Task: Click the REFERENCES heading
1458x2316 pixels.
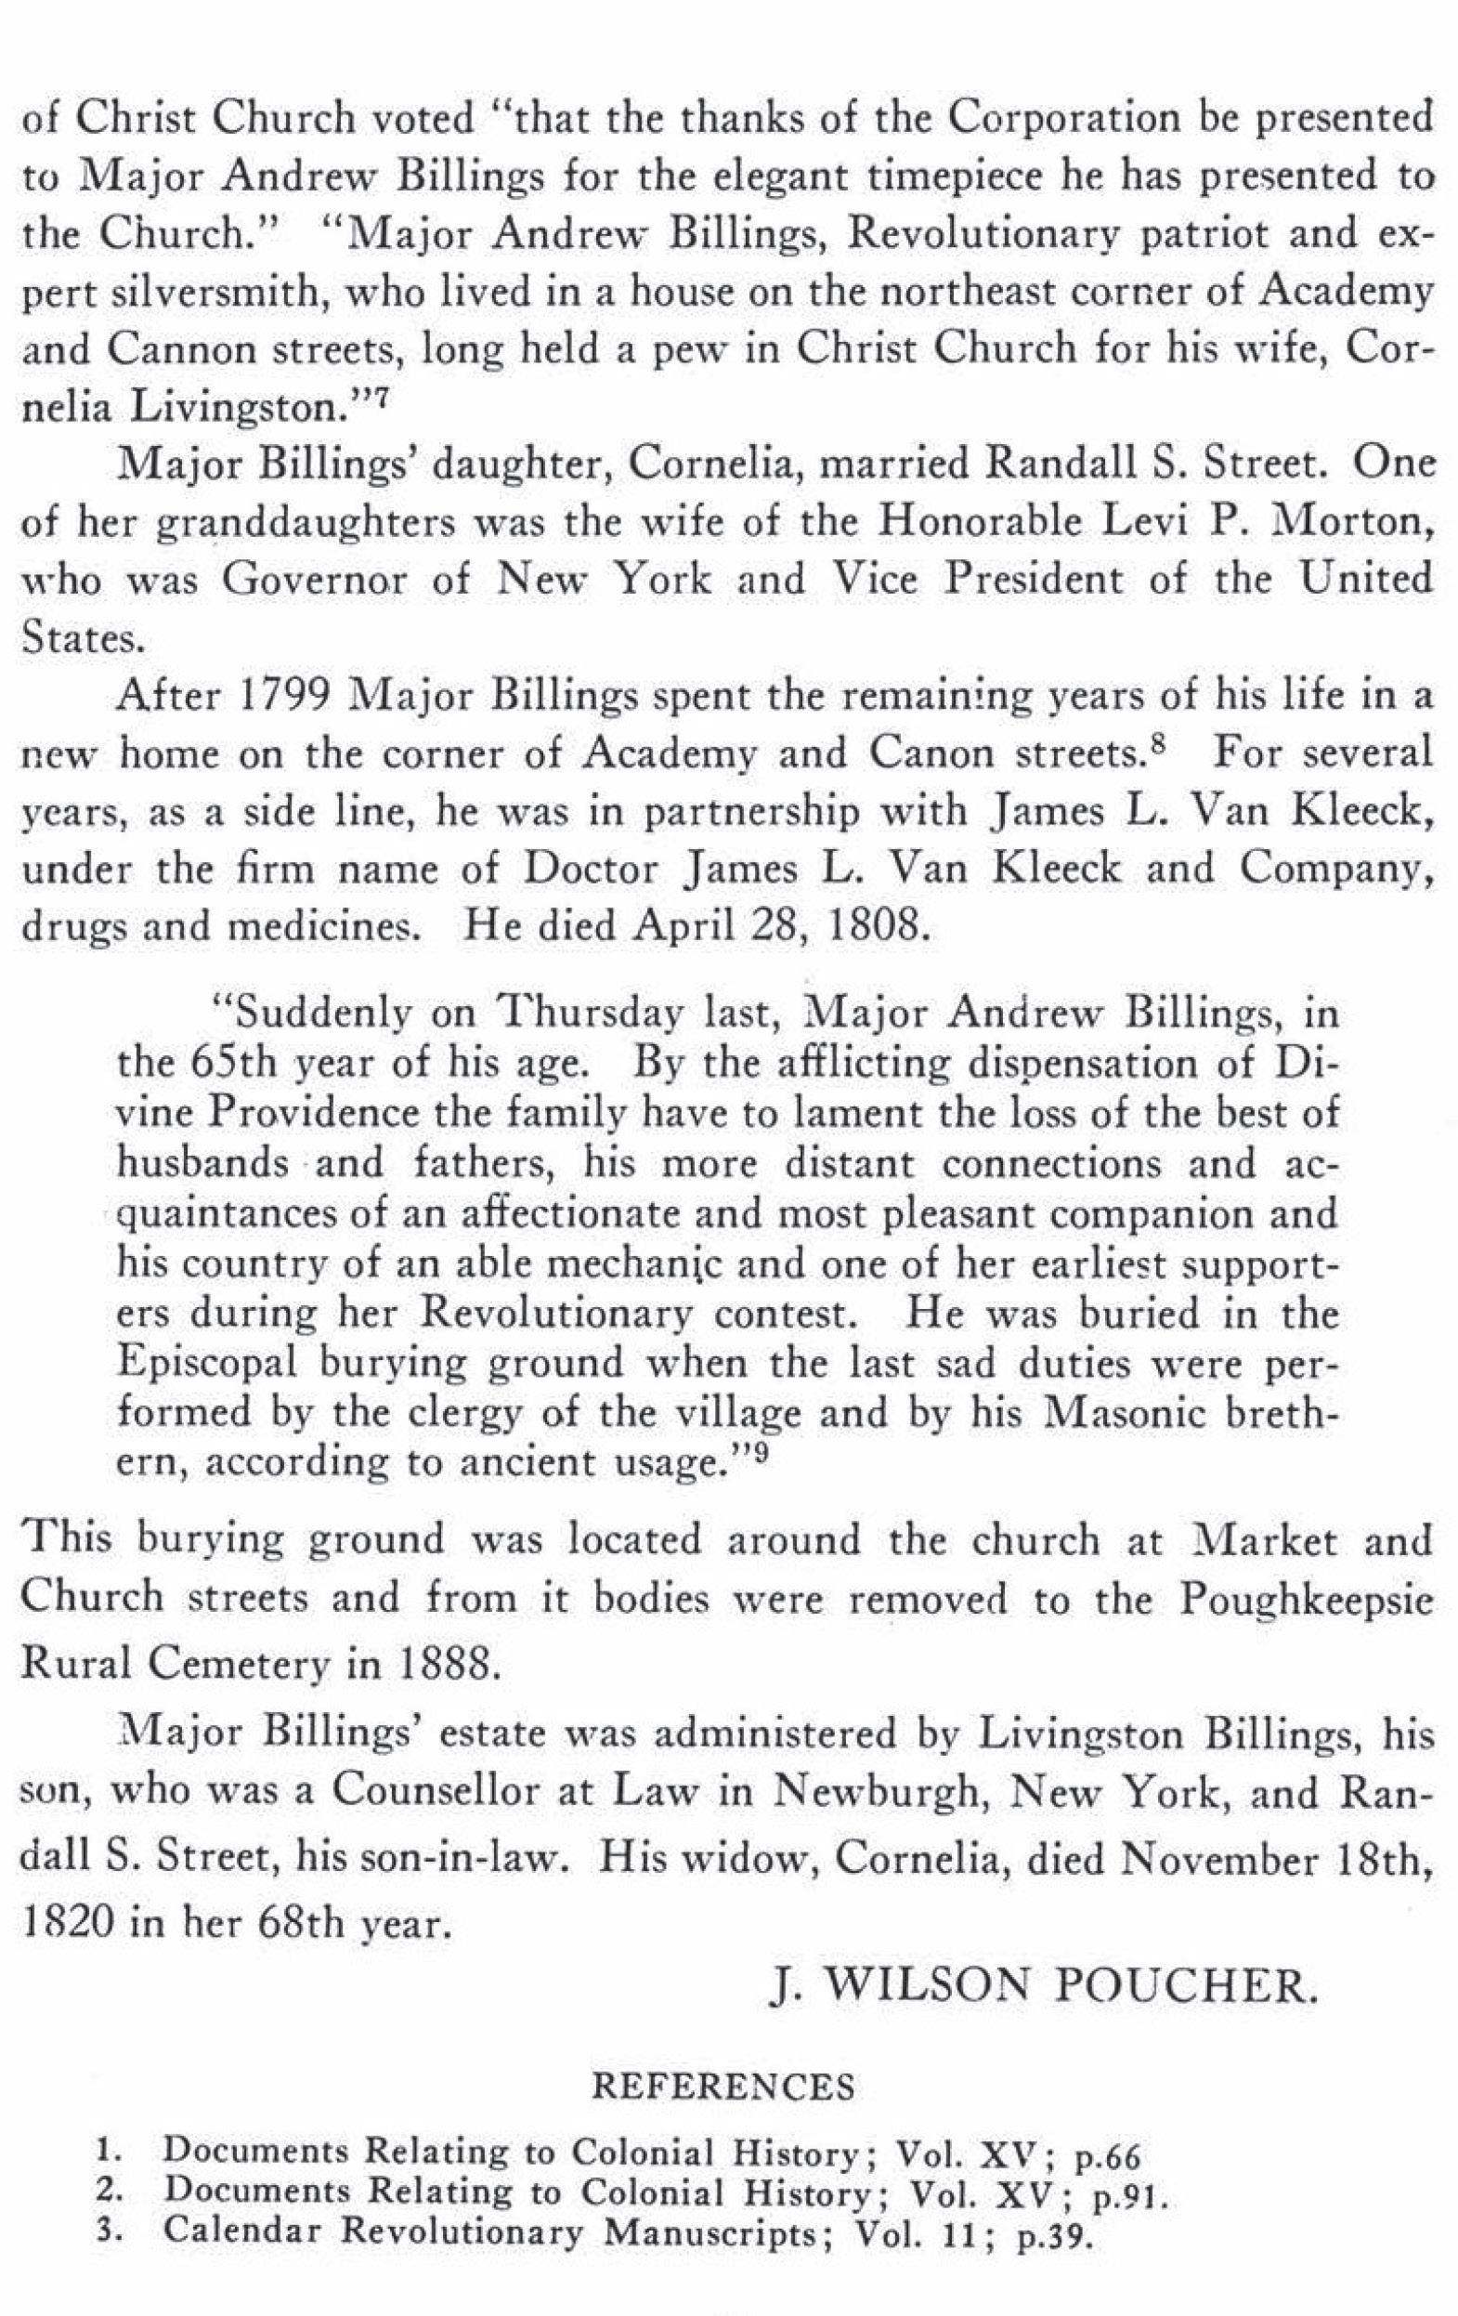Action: coord(722,2087)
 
